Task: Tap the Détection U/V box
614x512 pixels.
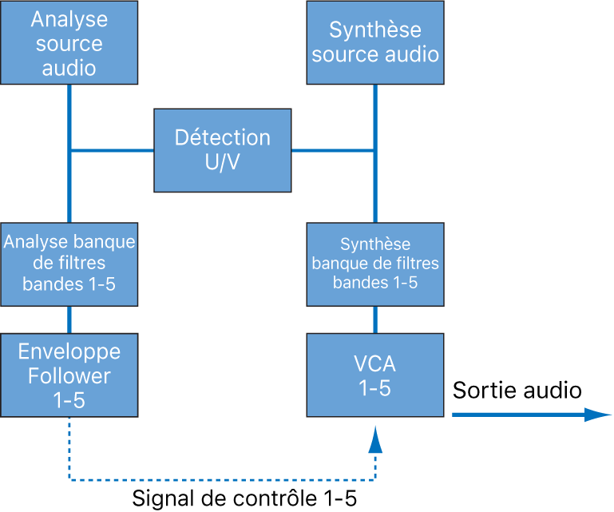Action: click(x=223, y=149)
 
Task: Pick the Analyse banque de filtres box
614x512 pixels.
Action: click(x=69, y=263)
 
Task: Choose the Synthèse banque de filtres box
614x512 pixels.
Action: click(x=375, y=263)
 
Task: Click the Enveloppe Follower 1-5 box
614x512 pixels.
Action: click(x=69, y=375)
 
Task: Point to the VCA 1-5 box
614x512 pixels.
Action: click(x=375, y=375)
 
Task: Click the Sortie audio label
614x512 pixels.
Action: click(x=517, y=391)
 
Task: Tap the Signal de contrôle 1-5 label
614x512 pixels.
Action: click(x=244, y=499)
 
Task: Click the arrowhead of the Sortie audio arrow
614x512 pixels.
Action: click(x=597, y=415)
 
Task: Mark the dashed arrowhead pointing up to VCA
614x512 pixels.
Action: click(x=375, y=439)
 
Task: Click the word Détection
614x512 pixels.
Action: click(x=223, y=137)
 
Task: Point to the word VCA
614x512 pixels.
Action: click(x=375, y=364)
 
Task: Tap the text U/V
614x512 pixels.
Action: click(x=223, y=162)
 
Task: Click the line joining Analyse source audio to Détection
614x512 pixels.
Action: click(x=112, y=149)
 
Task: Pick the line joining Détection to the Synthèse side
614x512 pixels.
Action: click(x=334, y=149)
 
